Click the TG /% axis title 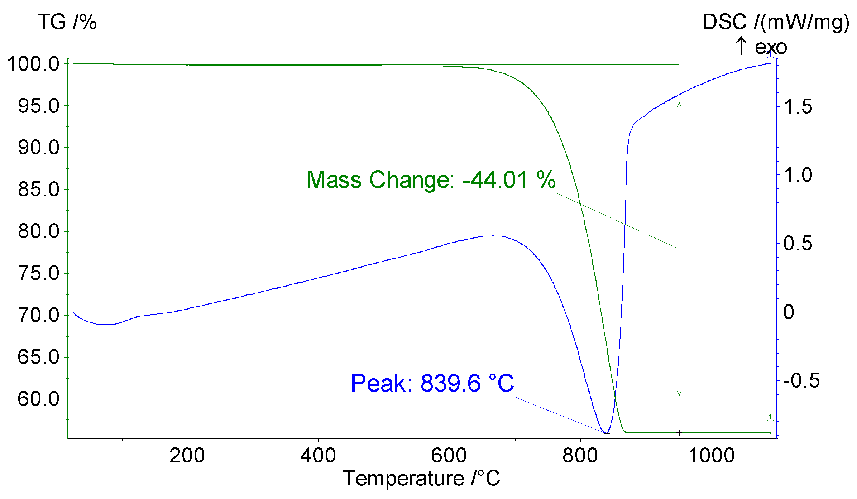click(x=67, y=22)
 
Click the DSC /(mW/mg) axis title click(x=775, y=22)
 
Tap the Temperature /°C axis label click(x=421, y=479)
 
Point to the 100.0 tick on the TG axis click(x=33, y=64)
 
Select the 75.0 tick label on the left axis click(x=38, y=274)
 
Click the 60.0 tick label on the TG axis click(x=38, y=399)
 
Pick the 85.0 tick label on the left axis click(x=38, y=190)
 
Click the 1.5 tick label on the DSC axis click(x=798, y=107)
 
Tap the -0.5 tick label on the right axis click(x=801, y=380)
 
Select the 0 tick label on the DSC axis click(x=789, y=312)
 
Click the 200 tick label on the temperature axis click(x=187, y=456)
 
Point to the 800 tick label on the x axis click(x=580, y=456)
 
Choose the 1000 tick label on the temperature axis click(x=712, y=456)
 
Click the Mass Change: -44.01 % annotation click(x=431, y=180)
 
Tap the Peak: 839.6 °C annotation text click(x=432, y=383)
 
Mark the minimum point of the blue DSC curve click(x=606, y=433)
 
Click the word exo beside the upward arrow click(x=771, y=47)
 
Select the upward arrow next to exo click(x=741, y=46)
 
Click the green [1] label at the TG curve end click(x=770, y=417)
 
